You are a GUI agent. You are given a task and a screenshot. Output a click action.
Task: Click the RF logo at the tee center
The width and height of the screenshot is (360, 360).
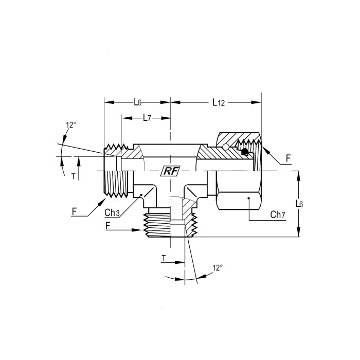[170, 171]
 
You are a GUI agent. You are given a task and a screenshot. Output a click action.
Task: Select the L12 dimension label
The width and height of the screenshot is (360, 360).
[219, 103]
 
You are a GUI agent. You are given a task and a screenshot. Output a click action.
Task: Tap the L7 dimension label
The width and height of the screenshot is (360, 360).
[147, 118]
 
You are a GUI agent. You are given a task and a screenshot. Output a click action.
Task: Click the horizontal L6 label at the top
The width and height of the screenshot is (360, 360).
[137, 102]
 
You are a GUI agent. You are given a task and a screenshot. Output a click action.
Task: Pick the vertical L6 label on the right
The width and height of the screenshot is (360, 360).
[299, 204]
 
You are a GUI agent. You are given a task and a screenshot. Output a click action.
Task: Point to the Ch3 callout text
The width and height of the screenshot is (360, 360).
[112, 213]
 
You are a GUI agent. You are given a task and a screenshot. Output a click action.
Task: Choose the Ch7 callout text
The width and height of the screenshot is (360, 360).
[278, 214]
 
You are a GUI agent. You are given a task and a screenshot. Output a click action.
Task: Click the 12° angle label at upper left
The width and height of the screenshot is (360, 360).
[71, 125]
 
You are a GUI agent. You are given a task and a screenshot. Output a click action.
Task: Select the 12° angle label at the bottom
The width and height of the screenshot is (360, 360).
[218, 268]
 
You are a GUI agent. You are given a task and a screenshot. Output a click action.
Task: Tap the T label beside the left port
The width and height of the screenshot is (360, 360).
[73, 176]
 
